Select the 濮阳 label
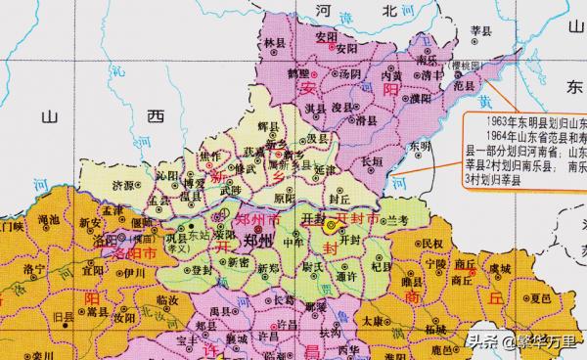(390, 101)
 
